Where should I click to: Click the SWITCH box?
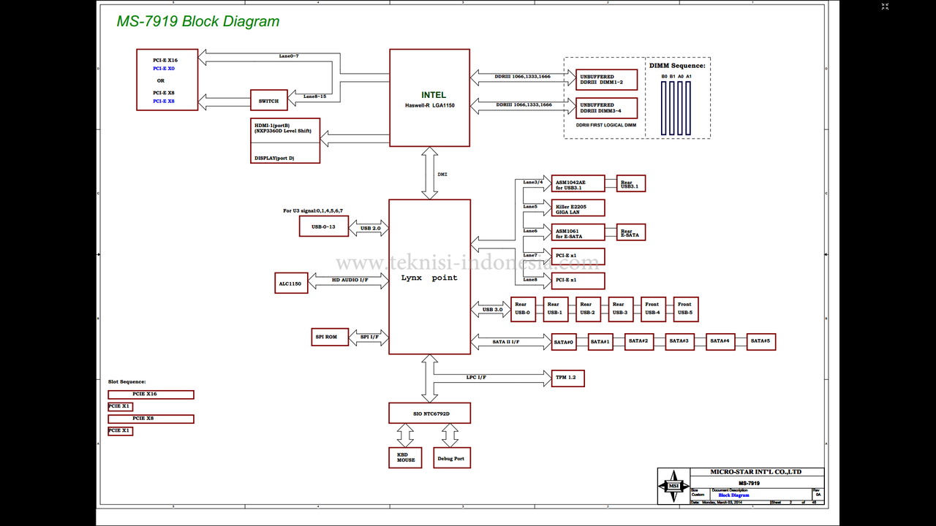coord(268,101)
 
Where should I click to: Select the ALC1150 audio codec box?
coord(292,283)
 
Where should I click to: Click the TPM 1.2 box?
coord(567,378)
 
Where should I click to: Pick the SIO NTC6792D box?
coord(429,413)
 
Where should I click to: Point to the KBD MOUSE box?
coord(405,457)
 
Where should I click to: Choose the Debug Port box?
coord(451,458)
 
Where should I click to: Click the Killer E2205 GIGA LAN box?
coord(578,208)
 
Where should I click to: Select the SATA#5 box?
coord(761,341)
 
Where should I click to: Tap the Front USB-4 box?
coord(652,309)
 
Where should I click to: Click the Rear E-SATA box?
coord(630,232)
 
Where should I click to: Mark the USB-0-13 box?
coord(324,226)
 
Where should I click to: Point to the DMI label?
coord(442,175)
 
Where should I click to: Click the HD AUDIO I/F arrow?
coord(349,280)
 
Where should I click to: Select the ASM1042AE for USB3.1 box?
coord(578,183)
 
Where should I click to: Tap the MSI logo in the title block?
coord(673,486)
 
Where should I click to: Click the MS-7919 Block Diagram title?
coord(198,21)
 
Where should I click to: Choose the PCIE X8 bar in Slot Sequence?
coord(151,419)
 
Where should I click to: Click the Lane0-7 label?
coord(289,56)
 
